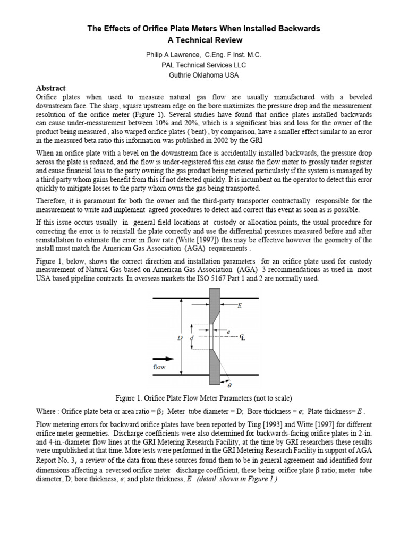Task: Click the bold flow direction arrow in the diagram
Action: (x=163, y=358)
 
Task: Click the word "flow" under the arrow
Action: (x=159, y=367)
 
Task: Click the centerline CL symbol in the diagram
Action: (x=242, y=337)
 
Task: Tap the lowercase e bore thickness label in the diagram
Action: (x=228, y=331)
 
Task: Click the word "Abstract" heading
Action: (x=50, y=88)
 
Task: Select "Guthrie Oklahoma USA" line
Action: (x=204, y=75)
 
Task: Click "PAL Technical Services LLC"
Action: (x=204, y=65)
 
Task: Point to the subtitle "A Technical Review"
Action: (x=204, y=40)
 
